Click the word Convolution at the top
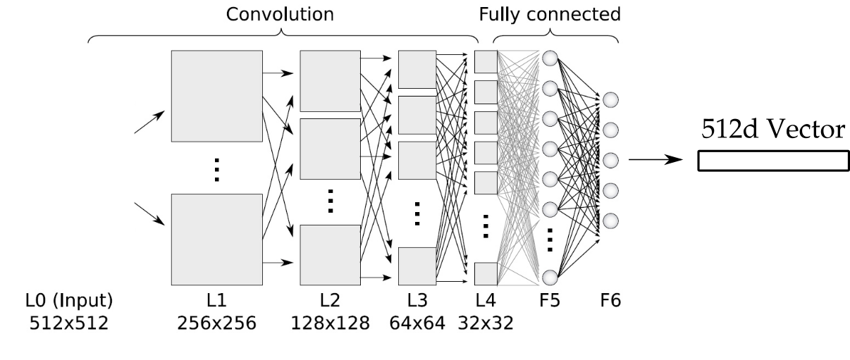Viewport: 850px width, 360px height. (280, 15)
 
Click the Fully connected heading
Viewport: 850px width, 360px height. (550, 15)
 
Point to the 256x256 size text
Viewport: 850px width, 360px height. (216, 323)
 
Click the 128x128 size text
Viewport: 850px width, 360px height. (330, 323)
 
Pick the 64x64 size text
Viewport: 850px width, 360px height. (417, 323)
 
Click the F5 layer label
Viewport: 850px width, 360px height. (550, 301)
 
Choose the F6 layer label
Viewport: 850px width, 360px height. (610, 301)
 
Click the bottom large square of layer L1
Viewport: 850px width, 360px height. (217, 239)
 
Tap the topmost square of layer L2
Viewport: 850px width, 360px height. (330, 80)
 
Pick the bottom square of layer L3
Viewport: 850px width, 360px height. (417, 266)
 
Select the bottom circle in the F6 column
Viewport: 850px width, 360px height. (611, 218)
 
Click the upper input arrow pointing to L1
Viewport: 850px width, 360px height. (149, 122)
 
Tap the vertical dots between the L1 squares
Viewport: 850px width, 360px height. (217, 170)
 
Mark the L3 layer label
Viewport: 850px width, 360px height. (417, 301)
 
